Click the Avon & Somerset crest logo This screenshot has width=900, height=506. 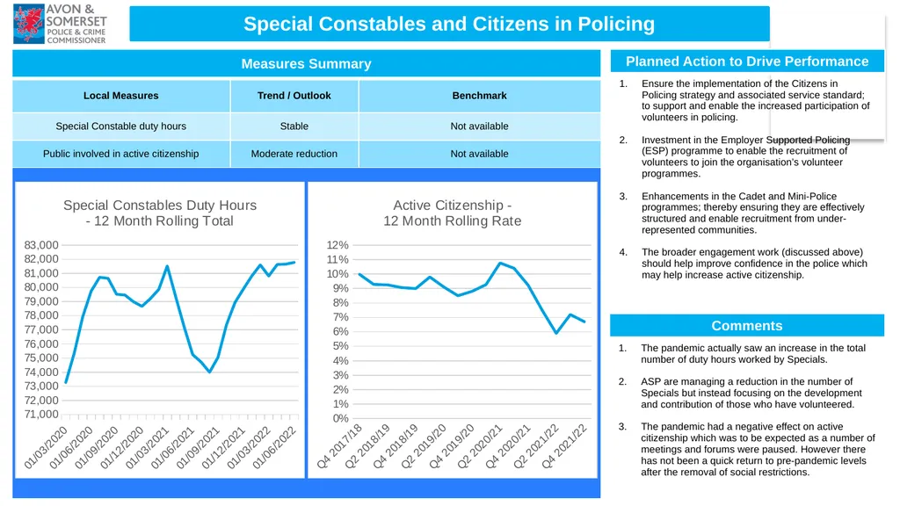click(29, 24)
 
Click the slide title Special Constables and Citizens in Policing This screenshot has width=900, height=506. click(449, 24)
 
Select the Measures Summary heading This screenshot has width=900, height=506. click(306, 63)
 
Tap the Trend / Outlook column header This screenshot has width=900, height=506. click(294, 96)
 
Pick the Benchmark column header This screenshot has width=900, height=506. click(479, 96)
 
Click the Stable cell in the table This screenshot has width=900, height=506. click(294, 126)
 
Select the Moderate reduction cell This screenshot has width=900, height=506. click(294, 154)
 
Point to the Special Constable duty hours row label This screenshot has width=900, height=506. click(120, 126)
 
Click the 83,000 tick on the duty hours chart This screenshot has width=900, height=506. click(41, 245)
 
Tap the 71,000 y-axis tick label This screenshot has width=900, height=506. click(41, 415)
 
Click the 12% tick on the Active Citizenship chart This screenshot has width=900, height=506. click(337, 245)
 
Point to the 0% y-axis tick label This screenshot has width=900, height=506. click(341, 418)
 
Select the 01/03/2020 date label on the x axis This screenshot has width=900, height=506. click(46, 448)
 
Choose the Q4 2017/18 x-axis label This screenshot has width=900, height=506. click(339, 446)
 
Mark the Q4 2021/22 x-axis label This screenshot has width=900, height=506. click(565, 446)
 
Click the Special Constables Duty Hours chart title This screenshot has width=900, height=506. click(160, 213)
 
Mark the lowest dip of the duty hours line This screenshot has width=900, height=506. click(210, 372)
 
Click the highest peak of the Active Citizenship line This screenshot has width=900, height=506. click(500, 264)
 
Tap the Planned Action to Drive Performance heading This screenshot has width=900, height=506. click(747, 61)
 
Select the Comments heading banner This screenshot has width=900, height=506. click(747, 325)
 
